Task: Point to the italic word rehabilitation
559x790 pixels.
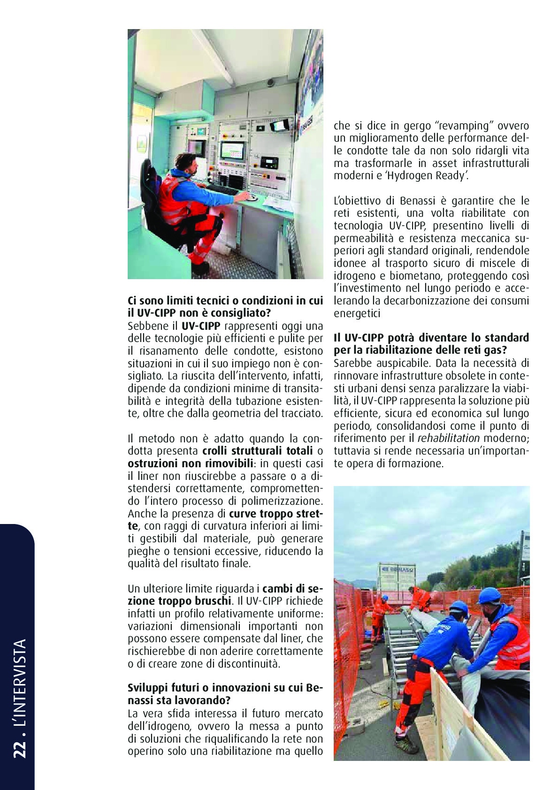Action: (449, 439)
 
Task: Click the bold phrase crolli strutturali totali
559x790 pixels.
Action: (257, 451)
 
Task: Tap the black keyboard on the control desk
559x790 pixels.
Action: (222, 190)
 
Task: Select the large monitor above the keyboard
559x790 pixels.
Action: (232, 151)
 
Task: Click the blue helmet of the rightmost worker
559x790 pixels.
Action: (489, 596)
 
